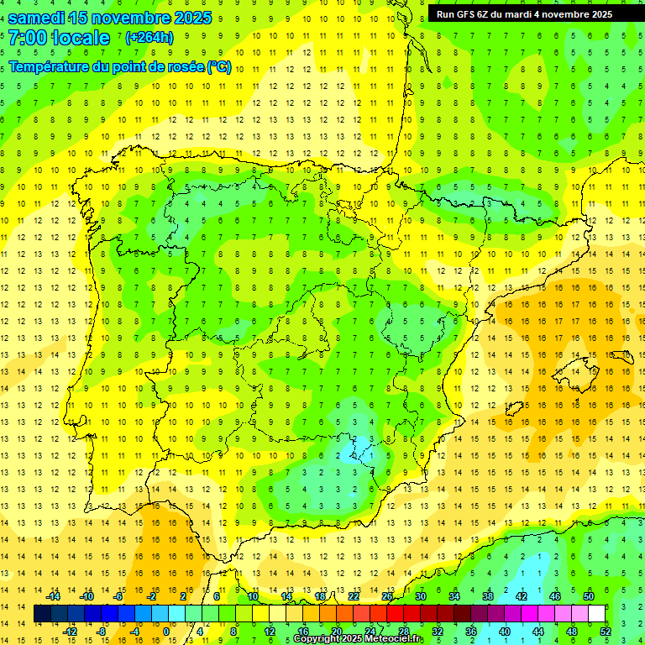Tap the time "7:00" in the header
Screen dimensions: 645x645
(27, 38)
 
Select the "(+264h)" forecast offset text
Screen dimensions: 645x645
(149, 38)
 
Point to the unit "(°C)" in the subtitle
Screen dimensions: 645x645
(218, 66)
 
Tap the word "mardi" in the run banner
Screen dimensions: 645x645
(529, 14)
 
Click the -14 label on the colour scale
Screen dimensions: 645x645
(54, 596)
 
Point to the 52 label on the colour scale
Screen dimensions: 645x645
(606, 632)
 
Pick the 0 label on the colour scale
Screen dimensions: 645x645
(165, 632)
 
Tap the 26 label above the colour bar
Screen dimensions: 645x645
(387, 596)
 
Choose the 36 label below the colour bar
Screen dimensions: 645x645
(471, 632)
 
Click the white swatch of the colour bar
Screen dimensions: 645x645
(596, 614)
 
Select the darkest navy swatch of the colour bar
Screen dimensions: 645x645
(42, 614)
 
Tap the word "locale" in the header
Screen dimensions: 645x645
(80, 38)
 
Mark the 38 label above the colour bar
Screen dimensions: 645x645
(488, 596)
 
